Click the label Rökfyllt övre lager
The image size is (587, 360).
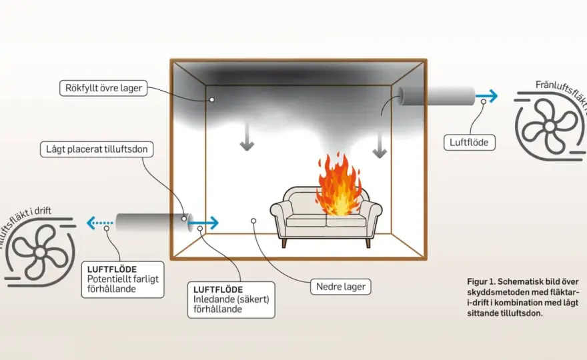click(103, 88)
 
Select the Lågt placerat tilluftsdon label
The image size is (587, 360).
click(97, 149)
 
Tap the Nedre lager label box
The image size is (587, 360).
click(341, 287)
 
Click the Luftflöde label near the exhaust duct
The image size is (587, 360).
click(469, 143)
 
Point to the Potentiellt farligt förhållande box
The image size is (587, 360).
click(123, 279)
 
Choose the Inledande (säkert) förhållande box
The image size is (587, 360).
click(231, 300)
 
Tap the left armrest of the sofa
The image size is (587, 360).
click(281, 217)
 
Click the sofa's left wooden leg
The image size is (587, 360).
click(283, 243)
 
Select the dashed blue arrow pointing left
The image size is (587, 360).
click(99, 223)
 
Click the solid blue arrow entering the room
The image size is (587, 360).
click(203, 223)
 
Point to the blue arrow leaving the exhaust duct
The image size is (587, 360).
click(487, 96)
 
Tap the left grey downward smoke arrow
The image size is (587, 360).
click(247, 137)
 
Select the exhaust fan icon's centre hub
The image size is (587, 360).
click(549, 127)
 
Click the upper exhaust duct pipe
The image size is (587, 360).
click(436, 96)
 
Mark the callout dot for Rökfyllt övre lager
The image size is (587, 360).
click(212, 99)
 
